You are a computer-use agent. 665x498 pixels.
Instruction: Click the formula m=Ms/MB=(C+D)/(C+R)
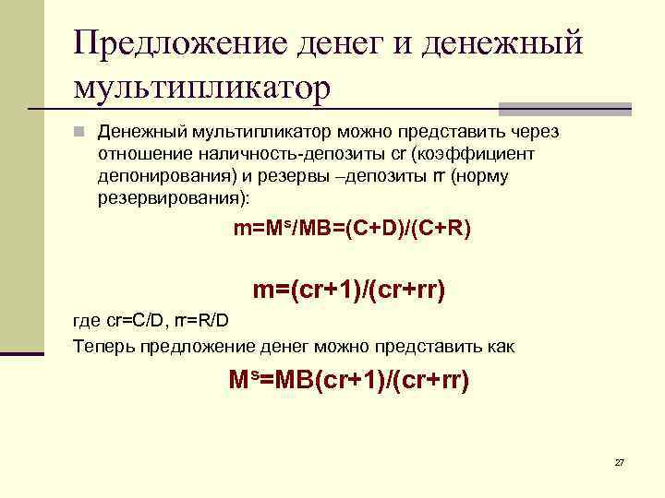pyautogui.click(x=352, y=227)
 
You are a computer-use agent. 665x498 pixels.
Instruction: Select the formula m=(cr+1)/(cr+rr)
pyautogui.click(x=349, y=291)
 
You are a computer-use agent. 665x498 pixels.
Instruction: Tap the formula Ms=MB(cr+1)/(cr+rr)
pyautogui.click(x=348, y=379)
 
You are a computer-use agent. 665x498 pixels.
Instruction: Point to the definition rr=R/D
pyautogui.click(x=207, y=321)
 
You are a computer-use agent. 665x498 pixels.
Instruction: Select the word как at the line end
pyautogui.click(x=502, y=347)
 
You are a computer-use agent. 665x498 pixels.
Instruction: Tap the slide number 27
pyautogui.click(x=619, y=462)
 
